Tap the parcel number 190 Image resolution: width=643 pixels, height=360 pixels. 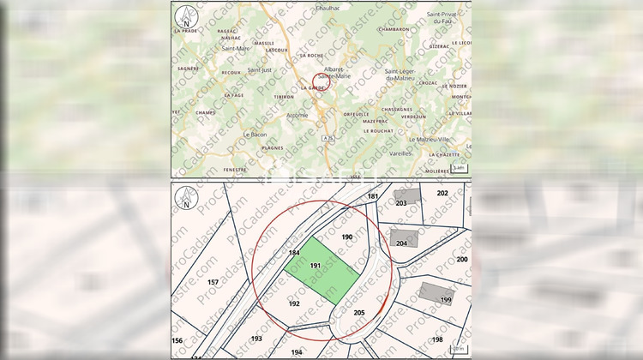(347, 236)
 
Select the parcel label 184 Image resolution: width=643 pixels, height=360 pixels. (294, 253)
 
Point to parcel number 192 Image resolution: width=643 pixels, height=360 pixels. (294, 303)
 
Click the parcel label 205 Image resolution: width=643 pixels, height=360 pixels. (359, 312)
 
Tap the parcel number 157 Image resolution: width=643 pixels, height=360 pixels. (213, 281)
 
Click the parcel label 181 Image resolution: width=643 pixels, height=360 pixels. (372, 196)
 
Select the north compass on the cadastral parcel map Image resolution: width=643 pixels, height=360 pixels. (184, 201)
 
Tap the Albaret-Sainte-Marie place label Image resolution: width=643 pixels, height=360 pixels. (337, 73)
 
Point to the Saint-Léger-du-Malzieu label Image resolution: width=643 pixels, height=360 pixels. (407, 75)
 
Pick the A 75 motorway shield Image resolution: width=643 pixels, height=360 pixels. (329, 137)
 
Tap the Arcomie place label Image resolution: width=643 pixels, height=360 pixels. (297, 114)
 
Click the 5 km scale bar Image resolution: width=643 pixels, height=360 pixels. (458, 167)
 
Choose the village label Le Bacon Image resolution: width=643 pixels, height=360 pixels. (255, 134)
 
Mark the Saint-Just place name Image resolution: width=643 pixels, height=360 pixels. (259, 69)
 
